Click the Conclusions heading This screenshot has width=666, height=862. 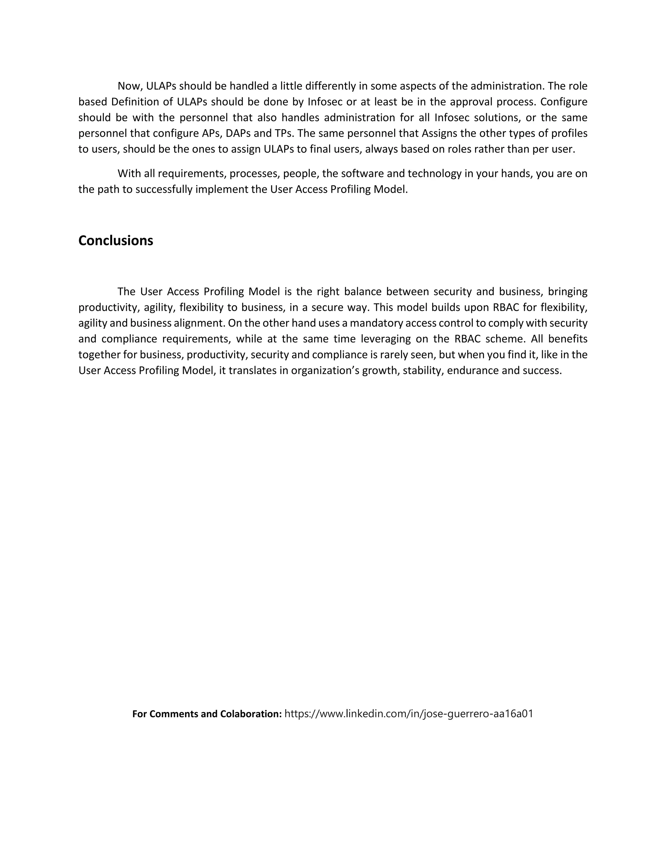click(115, 241)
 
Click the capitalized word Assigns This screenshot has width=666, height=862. click(439, 133)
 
